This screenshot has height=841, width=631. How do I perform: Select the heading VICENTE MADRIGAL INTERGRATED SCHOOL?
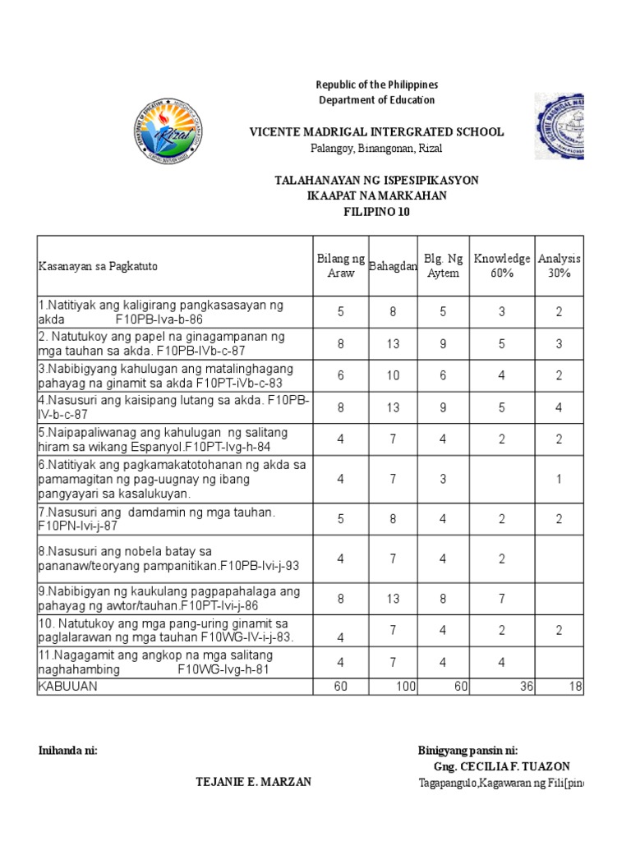[377, 132]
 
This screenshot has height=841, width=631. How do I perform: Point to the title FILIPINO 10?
[376, 212]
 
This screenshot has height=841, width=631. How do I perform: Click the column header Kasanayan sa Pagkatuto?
[98, 266]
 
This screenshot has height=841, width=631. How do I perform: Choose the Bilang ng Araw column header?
[340, 266]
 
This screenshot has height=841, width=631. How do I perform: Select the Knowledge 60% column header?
[501, 266]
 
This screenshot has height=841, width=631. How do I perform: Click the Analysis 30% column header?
[559, 266]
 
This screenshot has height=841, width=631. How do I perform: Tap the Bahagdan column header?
[393, 266]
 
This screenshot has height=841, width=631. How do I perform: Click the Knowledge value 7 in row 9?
[501, 600]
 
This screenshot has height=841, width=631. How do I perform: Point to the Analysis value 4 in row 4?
[559, 407]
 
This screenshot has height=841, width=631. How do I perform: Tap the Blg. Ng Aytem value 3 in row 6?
[443, 478]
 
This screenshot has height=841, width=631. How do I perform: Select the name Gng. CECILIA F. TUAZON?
[501, 766]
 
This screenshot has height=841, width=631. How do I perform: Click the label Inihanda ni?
[68, 751]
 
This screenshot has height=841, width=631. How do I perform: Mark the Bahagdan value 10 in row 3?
[393, 375]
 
